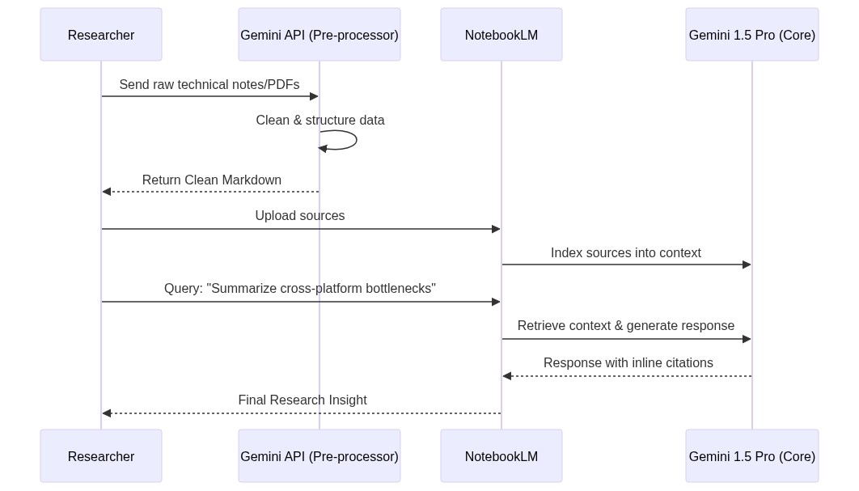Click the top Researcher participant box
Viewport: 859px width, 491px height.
pyautogui.click(x=101, y=35)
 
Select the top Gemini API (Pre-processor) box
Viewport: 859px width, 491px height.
pyautogui.click(x=319, y=35)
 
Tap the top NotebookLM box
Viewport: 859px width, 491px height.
pyautogui.click(x=501, y=35)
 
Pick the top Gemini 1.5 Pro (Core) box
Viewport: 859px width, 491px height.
pyautogui.click(x=752, y=35)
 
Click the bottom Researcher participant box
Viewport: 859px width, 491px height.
pyautogui.click(x=101, y=456)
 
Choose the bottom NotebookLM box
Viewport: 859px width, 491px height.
pyautogui.click(x=501, y=456)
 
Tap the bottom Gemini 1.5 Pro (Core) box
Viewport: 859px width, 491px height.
pyautogui.click(x=752, y=456)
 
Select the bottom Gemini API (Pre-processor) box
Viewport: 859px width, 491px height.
pyautogui.click(x=319, y=456)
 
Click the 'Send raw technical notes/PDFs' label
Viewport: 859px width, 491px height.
pyautogui.click(x=209, y=85)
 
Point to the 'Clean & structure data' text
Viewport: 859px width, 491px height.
pyautogui.click(x=320, y=121)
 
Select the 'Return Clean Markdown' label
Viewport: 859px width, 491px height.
pyautogui.click(x=212, y=180)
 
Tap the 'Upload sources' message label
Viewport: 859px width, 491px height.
pyautogui.click(x=300, y=216)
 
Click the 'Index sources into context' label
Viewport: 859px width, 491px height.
pyautogui.click(x=626, y=253)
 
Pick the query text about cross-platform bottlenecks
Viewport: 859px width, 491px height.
pyautogui.click(x=300, y=289)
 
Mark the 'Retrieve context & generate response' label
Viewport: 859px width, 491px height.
pyautogui.click(x=626, y=326)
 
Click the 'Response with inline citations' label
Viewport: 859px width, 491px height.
pyautogui.click(x=628, y=363)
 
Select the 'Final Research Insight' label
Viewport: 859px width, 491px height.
pyautogui.click(x=303, y=400)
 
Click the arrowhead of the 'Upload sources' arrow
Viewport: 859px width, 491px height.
pyautogui.click(x=496, y=229)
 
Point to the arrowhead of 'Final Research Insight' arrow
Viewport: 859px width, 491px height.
pyautogui.click(x=107, y=413)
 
